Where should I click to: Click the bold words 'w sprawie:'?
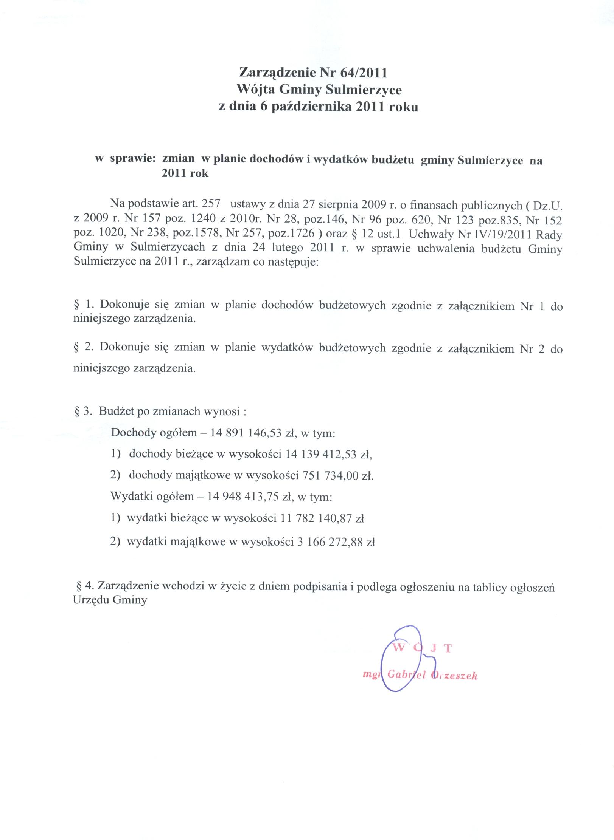pyautogui.click(x=126, y=160)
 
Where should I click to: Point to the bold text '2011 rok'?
pyautogui.click(x=185, y=175)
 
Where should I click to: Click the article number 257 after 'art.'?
pyautogui.click(x=211, y=204)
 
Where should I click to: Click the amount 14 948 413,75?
pyautogui.click(x=244, y=497)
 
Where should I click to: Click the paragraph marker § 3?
pyautogui.click(x=83, y=411)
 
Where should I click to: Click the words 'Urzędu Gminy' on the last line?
pyautogui.click(x=110, y=600)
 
